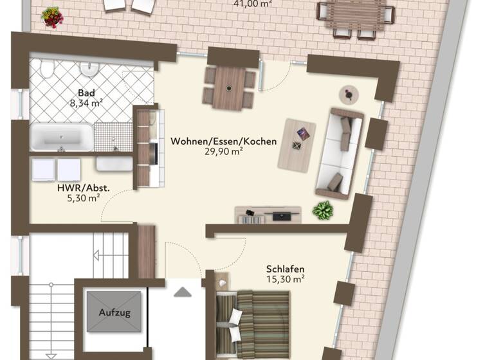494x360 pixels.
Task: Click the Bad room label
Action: pos(86,92)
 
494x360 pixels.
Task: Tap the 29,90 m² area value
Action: pos(224,152)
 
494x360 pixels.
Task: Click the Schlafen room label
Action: pos(285,269)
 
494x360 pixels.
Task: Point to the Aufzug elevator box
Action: pos(114,312)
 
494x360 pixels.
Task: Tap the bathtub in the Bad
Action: pos(62,137)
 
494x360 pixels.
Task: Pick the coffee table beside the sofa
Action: pos(297,144)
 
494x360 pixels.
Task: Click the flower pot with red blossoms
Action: pos(52,17)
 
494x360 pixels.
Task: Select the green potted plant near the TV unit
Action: pos(322,210)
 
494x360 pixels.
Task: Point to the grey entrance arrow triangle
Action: pos(183,292)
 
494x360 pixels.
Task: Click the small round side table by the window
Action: pos(348,94)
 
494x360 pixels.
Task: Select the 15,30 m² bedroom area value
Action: pos(285,279)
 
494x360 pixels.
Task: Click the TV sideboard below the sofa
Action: pos(268,215)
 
